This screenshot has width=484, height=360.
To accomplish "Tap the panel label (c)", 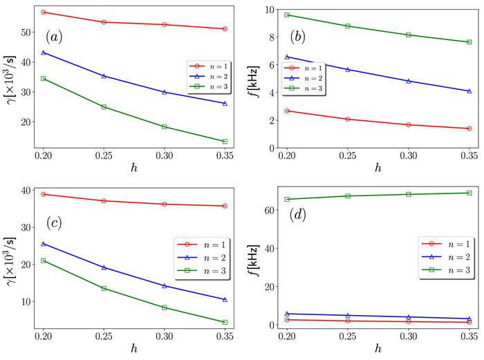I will tap(56, 225).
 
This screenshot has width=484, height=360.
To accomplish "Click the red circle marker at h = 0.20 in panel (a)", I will tap(44, 12).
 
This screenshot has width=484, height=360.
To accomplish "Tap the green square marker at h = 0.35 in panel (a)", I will tap(225, 142).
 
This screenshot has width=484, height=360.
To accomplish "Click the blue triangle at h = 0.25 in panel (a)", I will tap(104, 76).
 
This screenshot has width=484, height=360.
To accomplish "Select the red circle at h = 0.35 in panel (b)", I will tap(468, 129).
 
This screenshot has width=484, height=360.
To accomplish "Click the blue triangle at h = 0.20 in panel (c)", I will tap(44, 243).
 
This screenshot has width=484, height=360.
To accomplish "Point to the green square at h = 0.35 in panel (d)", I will tap(468, 193).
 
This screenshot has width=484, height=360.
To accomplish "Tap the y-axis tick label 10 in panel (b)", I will tap(266, 9).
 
